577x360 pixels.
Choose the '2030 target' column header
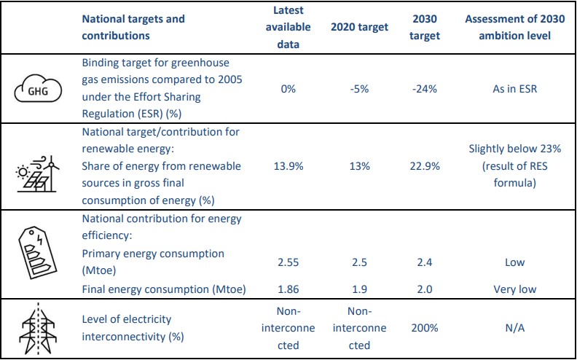coord(425,27)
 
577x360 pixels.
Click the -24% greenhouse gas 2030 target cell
coord(425,89)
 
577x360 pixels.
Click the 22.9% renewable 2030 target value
coord(425,166)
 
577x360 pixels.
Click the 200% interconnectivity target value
coord(425,329)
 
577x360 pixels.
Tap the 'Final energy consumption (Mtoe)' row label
coord(163,289)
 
